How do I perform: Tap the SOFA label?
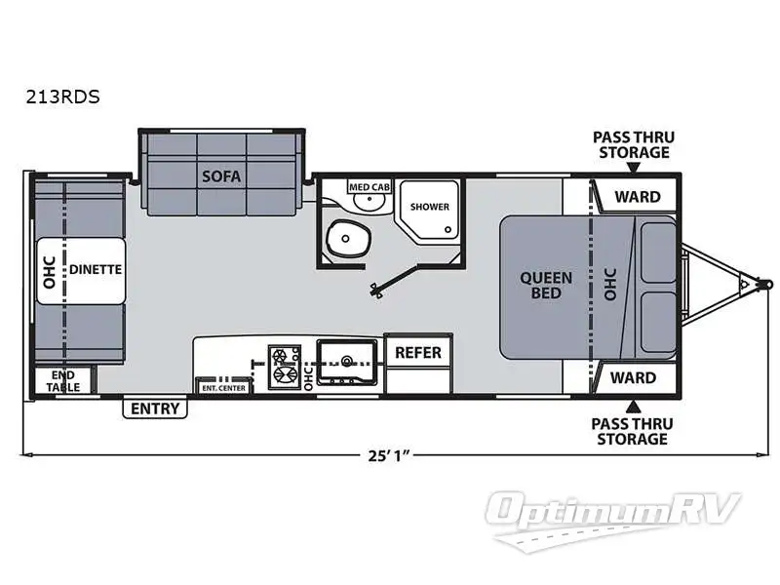pos(221,175)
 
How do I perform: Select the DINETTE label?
pos(96,270)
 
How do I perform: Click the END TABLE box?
pos(63,379)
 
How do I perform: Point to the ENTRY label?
pos(155,409)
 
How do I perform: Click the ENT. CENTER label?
pos(222,387)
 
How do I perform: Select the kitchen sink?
pos(345,362)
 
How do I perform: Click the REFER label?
pos(417,352)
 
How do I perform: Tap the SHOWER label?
pos(429,207)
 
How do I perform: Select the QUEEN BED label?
pos(547,285)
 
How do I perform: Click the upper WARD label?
pos(637,197)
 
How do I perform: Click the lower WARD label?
pos(634,377)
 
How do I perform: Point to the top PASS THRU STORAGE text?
pos(634,144)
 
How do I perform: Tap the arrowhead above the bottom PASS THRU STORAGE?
pos(634,404)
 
